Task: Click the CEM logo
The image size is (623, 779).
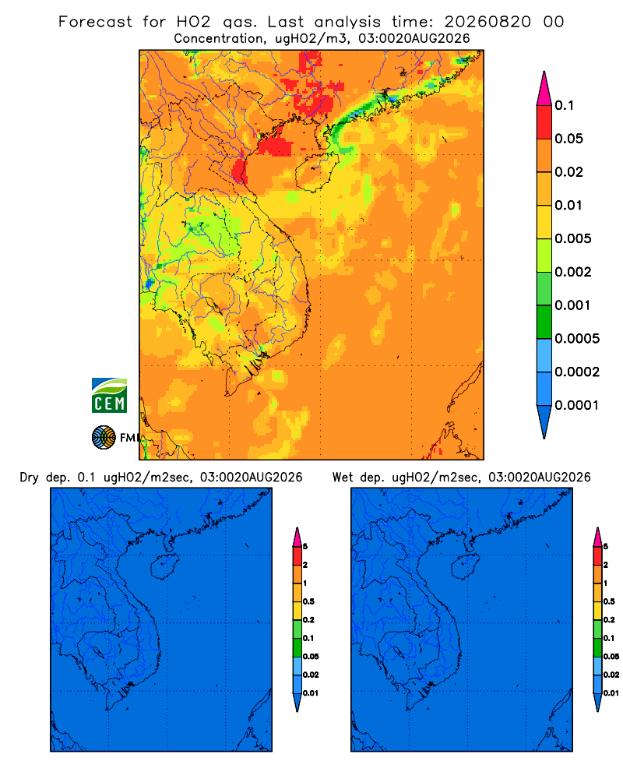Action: pyautogui.click(x=109, y=396)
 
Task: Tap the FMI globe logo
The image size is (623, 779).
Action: pyautogui.click(x=104, y=437)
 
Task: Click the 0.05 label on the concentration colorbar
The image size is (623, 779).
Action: pyautogui.click(x=568, y=139)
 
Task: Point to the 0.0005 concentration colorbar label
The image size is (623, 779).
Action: pyautogui.click(x=577, y=339)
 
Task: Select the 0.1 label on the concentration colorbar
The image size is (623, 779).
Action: pyautogui.click(x=564, y=105)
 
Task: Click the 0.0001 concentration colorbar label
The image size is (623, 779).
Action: pyautogui.click(x=577, y=405)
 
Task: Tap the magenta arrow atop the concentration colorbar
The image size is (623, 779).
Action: pyautogui.click(x=544, y=88)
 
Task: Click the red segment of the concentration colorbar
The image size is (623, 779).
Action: pyautogui.click(x=544, y=122)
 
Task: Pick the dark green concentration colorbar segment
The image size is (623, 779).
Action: pyautogui.click(x=544, y=322)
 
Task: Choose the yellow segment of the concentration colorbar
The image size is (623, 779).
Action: pyautogui.click(x=544, y=222)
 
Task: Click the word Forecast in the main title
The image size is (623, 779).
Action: pyautogui.click(x=95, y=22)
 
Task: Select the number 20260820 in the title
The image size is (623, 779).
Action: pyautogui.click(x=487, y=22)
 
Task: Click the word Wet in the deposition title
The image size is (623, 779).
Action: pyautogui.click(x=343, y=478)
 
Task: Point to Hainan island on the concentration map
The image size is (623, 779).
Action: pyautogui.click(x=316, y=172)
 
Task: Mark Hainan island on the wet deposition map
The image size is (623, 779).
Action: pyautogui.click(x=466, y=567)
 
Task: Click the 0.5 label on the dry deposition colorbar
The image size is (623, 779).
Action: pyautogui.click(x=308, y=601)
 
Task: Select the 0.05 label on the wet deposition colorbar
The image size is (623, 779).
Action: pyautogui.click(x=611, y=656)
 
